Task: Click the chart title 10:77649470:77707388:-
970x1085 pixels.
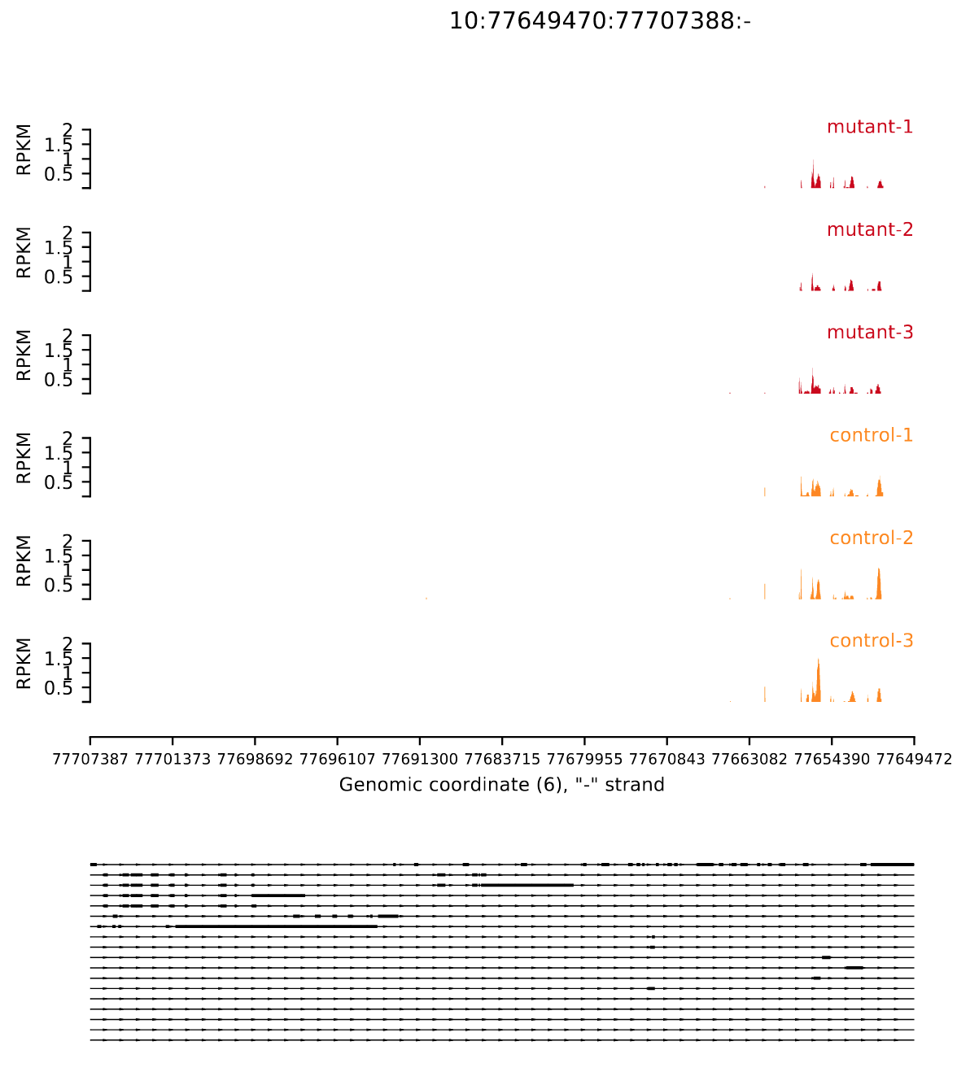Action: coord(600,21)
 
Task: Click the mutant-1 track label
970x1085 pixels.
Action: coord(869,127)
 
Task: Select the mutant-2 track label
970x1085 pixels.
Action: coord(869,229)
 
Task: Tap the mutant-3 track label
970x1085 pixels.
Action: coord(869,333)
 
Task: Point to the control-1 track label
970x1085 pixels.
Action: coord(871,435)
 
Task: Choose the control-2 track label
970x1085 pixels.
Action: coord(871,538)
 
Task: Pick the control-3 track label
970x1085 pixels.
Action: coord(871,641)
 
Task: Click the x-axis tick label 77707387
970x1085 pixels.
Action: coord(90,760)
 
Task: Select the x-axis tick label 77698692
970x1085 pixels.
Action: coord(255,760)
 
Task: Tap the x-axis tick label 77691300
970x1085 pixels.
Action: coord(420,760)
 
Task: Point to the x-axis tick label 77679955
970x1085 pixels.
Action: coord(584,760)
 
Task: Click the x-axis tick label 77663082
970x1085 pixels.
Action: coord(749,760)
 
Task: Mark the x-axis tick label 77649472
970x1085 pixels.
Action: coord(914,760)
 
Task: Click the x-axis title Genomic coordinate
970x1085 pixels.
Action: coord(501,785)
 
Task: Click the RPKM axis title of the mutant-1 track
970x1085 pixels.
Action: coord(24,150)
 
